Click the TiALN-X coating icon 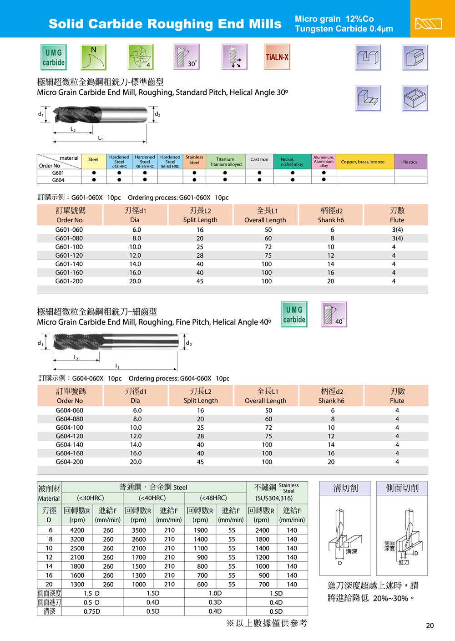pyautogui.click(x=277, y=57)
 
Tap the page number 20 pyautogui.click(x=430, y=626)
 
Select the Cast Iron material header pyautogui.click(x=259, y=160)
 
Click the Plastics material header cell pyautogui.click(x=409, y=162)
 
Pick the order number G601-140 pyautogui.click(x=69, y=264)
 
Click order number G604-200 pyautogui.click(x=70, y=462)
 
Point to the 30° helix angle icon pyautogui.click(x=187, y=57)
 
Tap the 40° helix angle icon pyautogui.click(x=334, y=314)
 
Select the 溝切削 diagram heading pyautogui.click(x=345, y=488)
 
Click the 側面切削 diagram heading pyautogui.click(x=402, y=488)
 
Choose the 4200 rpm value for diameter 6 pyautogui.click(x=77, y=530)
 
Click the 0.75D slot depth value pyautogui.click(x=92, y=611)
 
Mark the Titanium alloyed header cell pyautogui.click(x=226, y=162)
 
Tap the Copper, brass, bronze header pyautogui.click(x=363, y=162)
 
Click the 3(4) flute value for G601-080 pyautogui.click(x=397, y=238)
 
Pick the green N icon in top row pyautogui.click(x=93, y=57)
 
